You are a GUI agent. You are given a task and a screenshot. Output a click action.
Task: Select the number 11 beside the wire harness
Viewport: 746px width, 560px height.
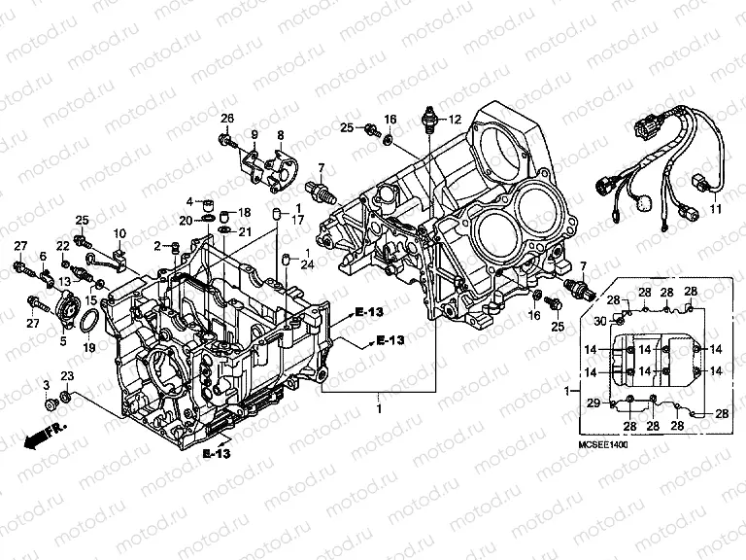[716, 209]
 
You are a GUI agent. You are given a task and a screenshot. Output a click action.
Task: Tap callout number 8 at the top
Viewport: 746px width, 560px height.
[281, 134]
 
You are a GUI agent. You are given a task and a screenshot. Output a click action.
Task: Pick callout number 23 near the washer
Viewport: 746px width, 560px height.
[66, 375]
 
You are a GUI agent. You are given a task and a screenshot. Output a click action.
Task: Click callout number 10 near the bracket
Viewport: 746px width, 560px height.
[119, 233]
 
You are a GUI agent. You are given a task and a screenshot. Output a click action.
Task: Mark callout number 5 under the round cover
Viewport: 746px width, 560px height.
[64, 340]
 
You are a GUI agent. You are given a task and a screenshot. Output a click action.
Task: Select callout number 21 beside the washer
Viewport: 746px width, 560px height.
[245, 231]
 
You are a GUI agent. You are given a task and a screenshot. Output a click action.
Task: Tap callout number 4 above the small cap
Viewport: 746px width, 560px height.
[190, 201]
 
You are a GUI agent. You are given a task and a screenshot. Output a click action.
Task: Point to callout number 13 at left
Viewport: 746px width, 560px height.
[64, 281]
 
